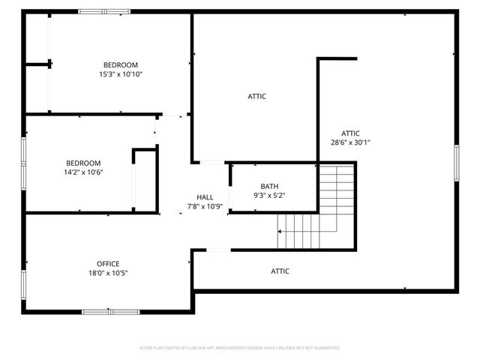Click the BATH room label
pyautogui.click(x=270, y=186)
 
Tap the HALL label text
pyautogui.click(x=205, y=197)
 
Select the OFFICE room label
pyautogui.click(x=108, y=263)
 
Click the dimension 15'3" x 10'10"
pyautogui.click(x=121, y=74)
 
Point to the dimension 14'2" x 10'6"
pyautogui.click(x=83, y=172)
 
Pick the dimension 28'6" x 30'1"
pyautogui.click(x=350, y=142)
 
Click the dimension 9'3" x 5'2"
pyautogui.click(x=270, y=196)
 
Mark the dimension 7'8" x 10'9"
pyautogui.click(x=205, y=206)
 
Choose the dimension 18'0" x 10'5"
pyautogui.click(x=108, y=273)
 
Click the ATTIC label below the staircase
pyautogui.click(x=280, y=271)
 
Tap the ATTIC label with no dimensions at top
pyautogui.click(x=257, y=96)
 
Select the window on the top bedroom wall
pyautogui.click(x=104, y=11)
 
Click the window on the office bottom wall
pyautogui.click(x=111, y=311)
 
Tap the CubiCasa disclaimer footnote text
pyautogui.click(x=240, y=348)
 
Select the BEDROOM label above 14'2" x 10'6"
pyautogui.click(x=83, y=163)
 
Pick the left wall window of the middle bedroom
pyautogui.click(x=24, y=162)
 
